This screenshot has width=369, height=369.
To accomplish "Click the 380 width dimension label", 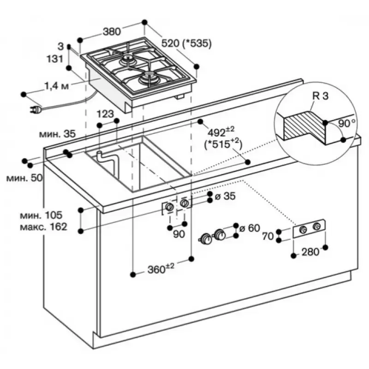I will (111, 31).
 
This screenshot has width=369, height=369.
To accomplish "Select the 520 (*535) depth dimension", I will (186, 44).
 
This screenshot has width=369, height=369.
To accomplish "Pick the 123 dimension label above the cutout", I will (106, 113).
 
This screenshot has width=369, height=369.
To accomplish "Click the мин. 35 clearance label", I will (57, 134).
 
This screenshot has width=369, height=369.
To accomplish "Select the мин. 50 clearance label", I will (24, 178).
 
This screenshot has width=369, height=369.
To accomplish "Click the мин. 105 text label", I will (41, 215).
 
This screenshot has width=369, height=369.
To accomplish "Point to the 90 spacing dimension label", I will (179, 234).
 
